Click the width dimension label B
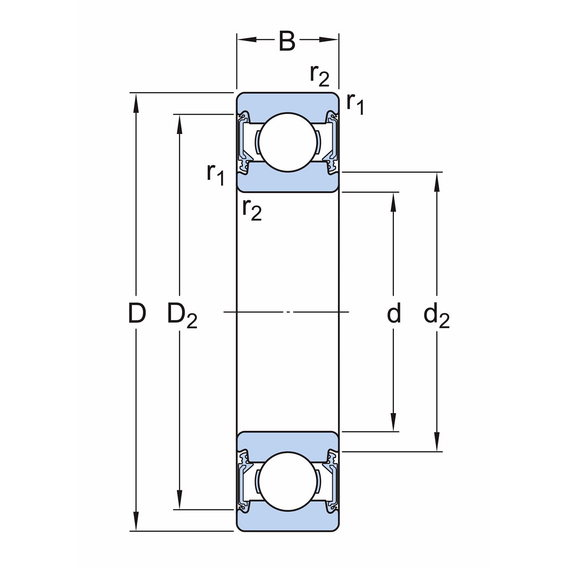tap(287, 41)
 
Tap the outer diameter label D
tap(136, 313)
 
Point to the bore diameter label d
tap(394, 313)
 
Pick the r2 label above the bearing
tap(319, 75)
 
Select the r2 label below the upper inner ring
tap(251, 210)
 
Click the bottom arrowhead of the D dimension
tap(136, 523)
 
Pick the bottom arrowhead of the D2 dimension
tap(179, 502)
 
